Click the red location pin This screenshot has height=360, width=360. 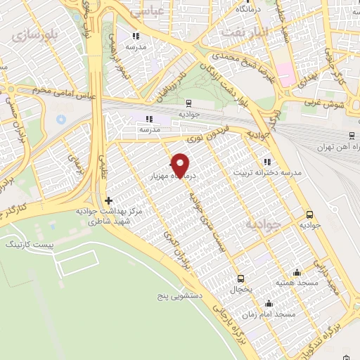point(181,165)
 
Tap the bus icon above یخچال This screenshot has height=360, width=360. point(240,278)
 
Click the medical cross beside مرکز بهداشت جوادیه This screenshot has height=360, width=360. point(108,200)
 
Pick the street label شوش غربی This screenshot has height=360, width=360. point(323,105)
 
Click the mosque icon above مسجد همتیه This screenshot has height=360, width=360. point(297,272)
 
